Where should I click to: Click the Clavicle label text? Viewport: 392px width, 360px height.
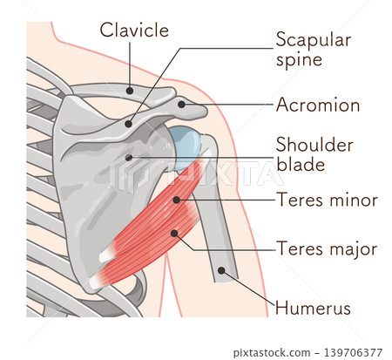[x=134, y=30]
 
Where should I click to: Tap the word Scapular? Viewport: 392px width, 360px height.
[x=314, y=40]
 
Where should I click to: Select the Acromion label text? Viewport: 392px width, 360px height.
[x=318, y=105]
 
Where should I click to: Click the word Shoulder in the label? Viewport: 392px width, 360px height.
[x=314, y=145]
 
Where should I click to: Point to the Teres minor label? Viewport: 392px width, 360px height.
[x=328, y=200]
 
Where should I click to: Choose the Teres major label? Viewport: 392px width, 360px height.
[x=327, y=249]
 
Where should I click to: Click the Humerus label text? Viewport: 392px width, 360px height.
[x=313, y=308]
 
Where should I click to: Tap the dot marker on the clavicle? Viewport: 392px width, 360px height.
[x=130, y=91]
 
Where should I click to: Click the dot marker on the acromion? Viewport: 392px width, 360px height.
[x=181, y=105]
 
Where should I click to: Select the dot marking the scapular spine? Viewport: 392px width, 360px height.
[x=128, y=124]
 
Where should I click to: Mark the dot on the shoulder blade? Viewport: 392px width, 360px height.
[x=129, y=158]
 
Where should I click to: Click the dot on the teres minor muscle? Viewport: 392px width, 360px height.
[x=176, y=200]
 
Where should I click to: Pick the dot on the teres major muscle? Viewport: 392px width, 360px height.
[x=174, y=233]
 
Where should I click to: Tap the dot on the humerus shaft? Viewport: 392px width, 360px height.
[x=221, y=271]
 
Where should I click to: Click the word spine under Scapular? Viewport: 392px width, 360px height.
[x=299, y=60]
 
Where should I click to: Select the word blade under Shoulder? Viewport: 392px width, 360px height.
[x=301, y=164]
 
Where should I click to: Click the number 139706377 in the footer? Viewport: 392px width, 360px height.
[x=353, y=353]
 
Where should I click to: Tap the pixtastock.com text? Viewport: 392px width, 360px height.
[x=272, y=353]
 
